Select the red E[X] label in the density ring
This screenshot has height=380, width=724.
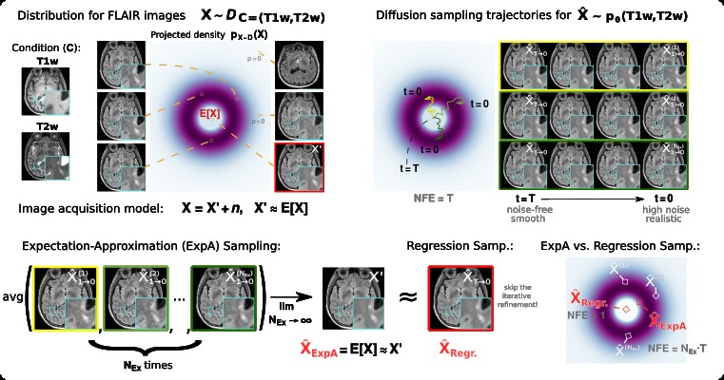tap(210, 114)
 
